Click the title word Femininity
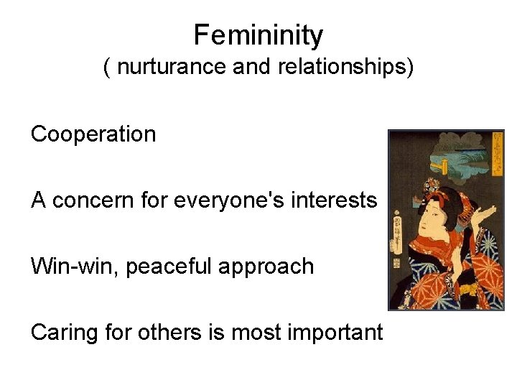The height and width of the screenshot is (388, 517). (258, 34)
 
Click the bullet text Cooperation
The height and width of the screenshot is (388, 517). (93, 134)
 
